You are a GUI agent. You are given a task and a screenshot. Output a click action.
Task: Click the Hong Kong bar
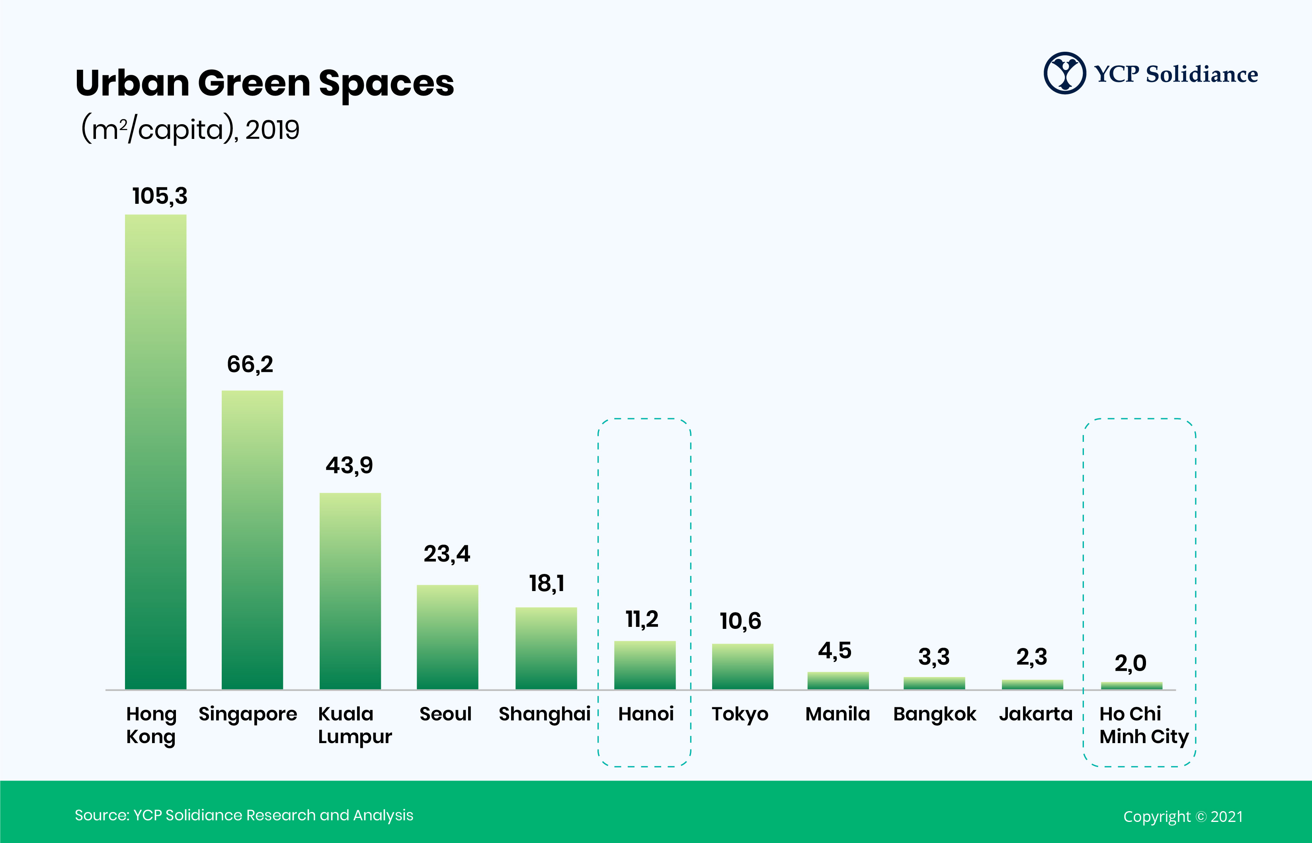pyautogui.click(x=156, y=452)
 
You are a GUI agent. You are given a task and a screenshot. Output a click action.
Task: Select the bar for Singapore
pyautogui.click(x=252, y=540)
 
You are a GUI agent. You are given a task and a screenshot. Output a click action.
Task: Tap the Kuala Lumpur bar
pyautogui.click(x=350, y=591)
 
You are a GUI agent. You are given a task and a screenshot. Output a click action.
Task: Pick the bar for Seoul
pyautogui.click(x=447, y=637)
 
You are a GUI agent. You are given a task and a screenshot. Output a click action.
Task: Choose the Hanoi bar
pyautogui.click(x=645, y=665)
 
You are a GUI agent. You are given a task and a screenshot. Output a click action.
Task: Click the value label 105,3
pyautogui.click(x=160, y=196)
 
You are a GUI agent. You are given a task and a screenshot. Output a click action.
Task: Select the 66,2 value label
pyautogui.click(x=250, y=365)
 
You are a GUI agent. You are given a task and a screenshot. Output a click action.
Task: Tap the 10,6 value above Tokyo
pyautogui.click(x=740, y=621)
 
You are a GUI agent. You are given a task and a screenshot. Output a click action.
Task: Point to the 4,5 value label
pyautogui.click(x=835, y=650)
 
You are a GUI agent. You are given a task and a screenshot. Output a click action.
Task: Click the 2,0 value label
pyautogui.click(x=1130, y=663)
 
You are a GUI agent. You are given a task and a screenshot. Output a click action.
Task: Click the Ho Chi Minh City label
pyautogui.click(x=1143, y=725)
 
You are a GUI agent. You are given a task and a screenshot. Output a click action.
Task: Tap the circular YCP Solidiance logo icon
pyautogui.click(x=1064, y=73)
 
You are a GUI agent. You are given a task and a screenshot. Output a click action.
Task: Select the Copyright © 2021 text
pyautogui.click(x=1183, y=817)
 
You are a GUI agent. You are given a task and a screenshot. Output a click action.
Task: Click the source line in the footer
pyautogui.click(x=244, y=815)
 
